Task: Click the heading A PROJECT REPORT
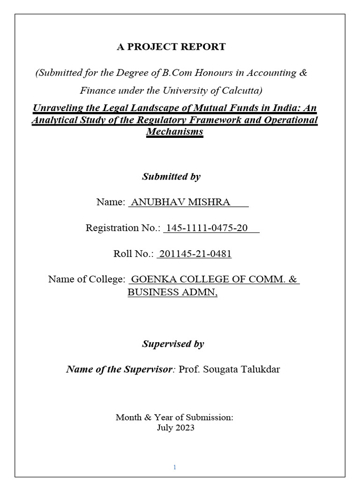pos(171,47)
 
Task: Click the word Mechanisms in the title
pos(174,131)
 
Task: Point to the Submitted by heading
pos(171,177)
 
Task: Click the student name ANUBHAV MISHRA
pos(181,202)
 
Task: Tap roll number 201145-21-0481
pos(195,254)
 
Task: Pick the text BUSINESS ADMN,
pos(172,292)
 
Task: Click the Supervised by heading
pos(172,344)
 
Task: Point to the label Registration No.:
pos(123,228)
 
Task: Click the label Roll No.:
pos(134,254)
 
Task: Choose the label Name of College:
pos(87,280)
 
